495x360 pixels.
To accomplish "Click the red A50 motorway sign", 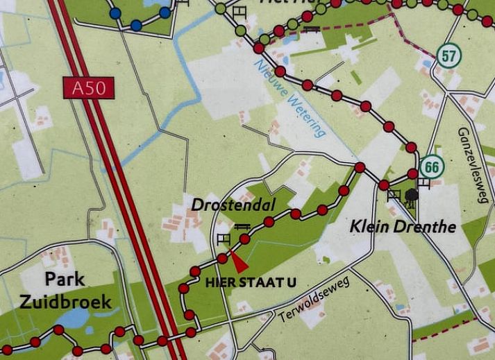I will (88, 88).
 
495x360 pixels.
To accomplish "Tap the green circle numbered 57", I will (449, 55).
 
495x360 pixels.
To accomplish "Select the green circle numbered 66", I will (431, 167).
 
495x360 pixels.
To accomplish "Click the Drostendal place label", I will (233, 205).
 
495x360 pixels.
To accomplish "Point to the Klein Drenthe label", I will (403, 226).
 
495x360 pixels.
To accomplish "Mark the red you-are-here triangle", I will (238, 263).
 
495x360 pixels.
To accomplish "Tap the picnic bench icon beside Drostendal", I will (242, 227).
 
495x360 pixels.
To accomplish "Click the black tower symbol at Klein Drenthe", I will (412, 196).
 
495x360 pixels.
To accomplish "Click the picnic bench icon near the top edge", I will (312, 28).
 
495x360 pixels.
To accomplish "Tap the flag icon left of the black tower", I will (394, 194).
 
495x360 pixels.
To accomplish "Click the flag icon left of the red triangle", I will (223, 239).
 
